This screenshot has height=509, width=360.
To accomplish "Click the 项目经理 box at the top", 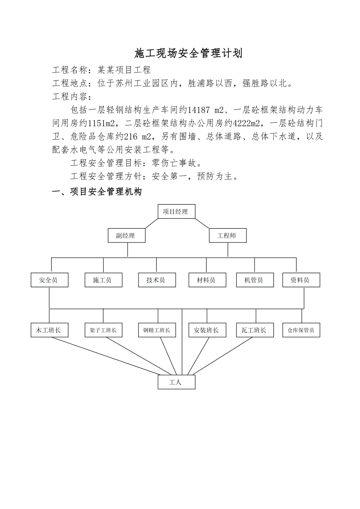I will pos(176,211).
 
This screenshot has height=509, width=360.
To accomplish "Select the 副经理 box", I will pos(126,236).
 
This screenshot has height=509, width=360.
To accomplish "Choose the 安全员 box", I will pos(49,280).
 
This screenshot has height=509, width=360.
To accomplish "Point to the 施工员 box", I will pos(103,280).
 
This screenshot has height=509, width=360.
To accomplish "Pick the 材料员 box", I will pos(207,280).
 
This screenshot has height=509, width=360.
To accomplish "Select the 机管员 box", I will pos(254,280).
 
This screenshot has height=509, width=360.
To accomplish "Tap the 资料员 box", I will pos(301,280).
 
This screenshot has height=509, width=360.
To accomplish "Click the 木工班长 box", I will pos(49,330).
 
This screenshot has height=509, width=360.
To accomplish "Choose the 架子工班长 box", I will pos(103,330).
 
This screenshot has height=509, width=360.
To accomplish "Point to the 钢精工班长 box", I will pos(157,330).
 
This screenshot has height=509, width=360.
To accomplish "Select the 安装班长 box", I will pos(207,330).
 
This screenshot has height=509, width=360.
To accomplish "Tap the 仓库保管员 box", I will pos(301,330).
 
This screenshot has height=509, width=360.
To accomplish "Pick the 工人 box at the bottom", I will pos(176,382).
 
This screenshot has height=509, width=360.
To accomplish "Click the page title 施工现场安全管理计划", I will pos(189,53).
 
